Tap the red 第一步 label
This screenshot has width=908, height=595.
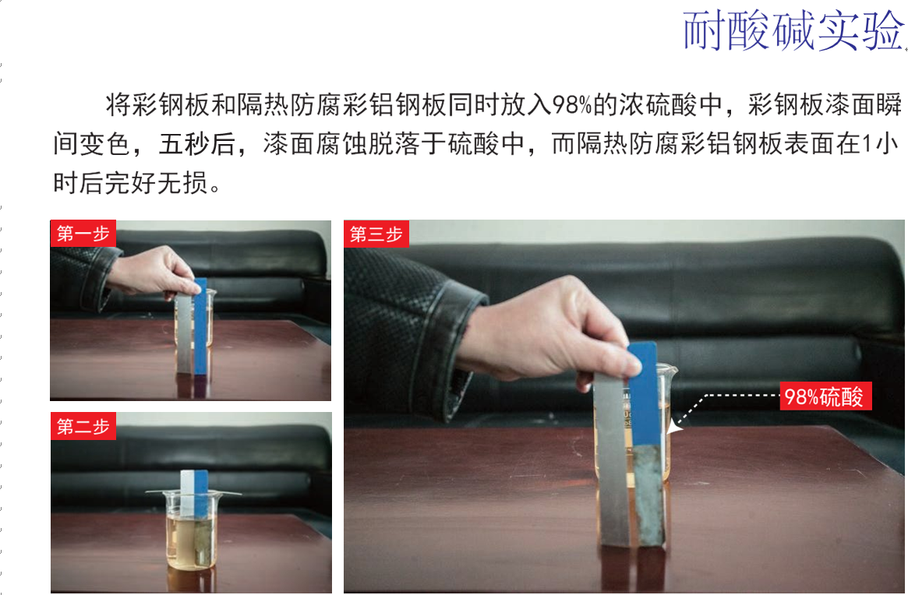tap(83, 234)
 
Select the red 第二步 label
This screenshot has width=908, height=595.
tap(83, 426)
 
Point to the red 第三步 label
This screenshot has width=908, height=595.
tap(376, 234)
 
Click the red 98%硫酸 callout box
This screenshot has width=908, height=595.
tap(825, 396)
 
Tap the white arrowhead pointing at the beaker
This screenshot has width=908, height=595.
tap(675, 427)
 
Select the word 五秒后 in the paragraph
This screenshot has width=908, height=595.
tap(196, 143)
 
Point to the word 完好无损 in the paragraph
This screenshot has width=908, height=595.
tap(157, 183)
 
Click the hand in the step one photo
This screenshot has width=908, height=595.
tap(154, 271)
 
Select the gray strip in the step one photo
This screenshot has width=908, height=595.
tap(185, 332)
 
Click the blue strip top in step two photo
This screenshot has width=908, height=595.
tap(201, 493)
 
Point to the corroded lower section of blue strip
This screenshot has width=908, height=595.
tap(649, 495)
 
